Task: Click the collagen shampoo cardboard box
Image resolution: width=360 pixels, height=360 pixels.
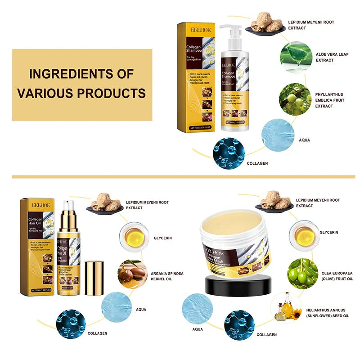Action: pyautogui.click(x=194, y=76)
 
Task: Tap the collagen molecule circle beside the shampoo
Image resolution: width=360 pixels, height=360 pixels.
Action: pyautogui.click(x=229, y=153)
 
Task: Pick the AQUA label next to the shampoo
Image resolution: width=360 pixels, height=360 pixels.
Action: pyautogui.click(x=304, y=140)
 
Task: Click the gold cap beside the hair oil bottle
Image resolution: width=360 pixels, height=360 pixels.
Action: pyautogui.click(x=94, y=278)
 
